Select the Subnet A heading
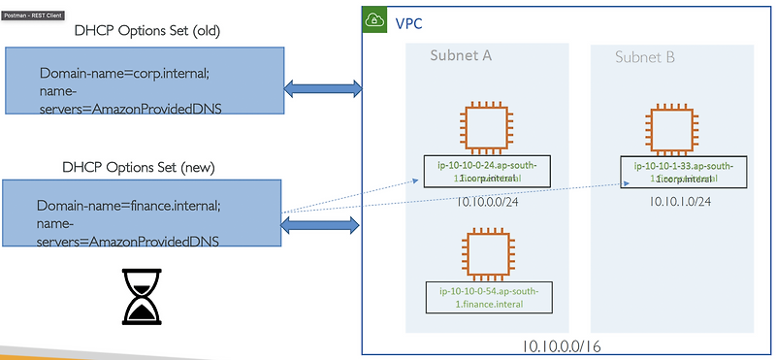pyautogui.click(x=461, y=55)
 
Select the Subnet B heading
pyautogui.click(x=646, y=56)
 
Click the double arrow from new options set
pyautogui.click(x=322, y=225)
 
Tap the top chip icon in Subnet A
pyautogui.click(x=487, y=130)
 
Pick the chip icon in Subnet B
pyautogui.click(x=675, y=131)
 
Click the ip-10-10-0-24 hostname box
pyautogui.click(x=488, y=172)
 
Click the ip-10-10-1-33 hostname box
pyautogui.click(x=684, y=172)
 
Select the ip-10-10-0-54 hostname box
pyautogui.click(x=488, y=297)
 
